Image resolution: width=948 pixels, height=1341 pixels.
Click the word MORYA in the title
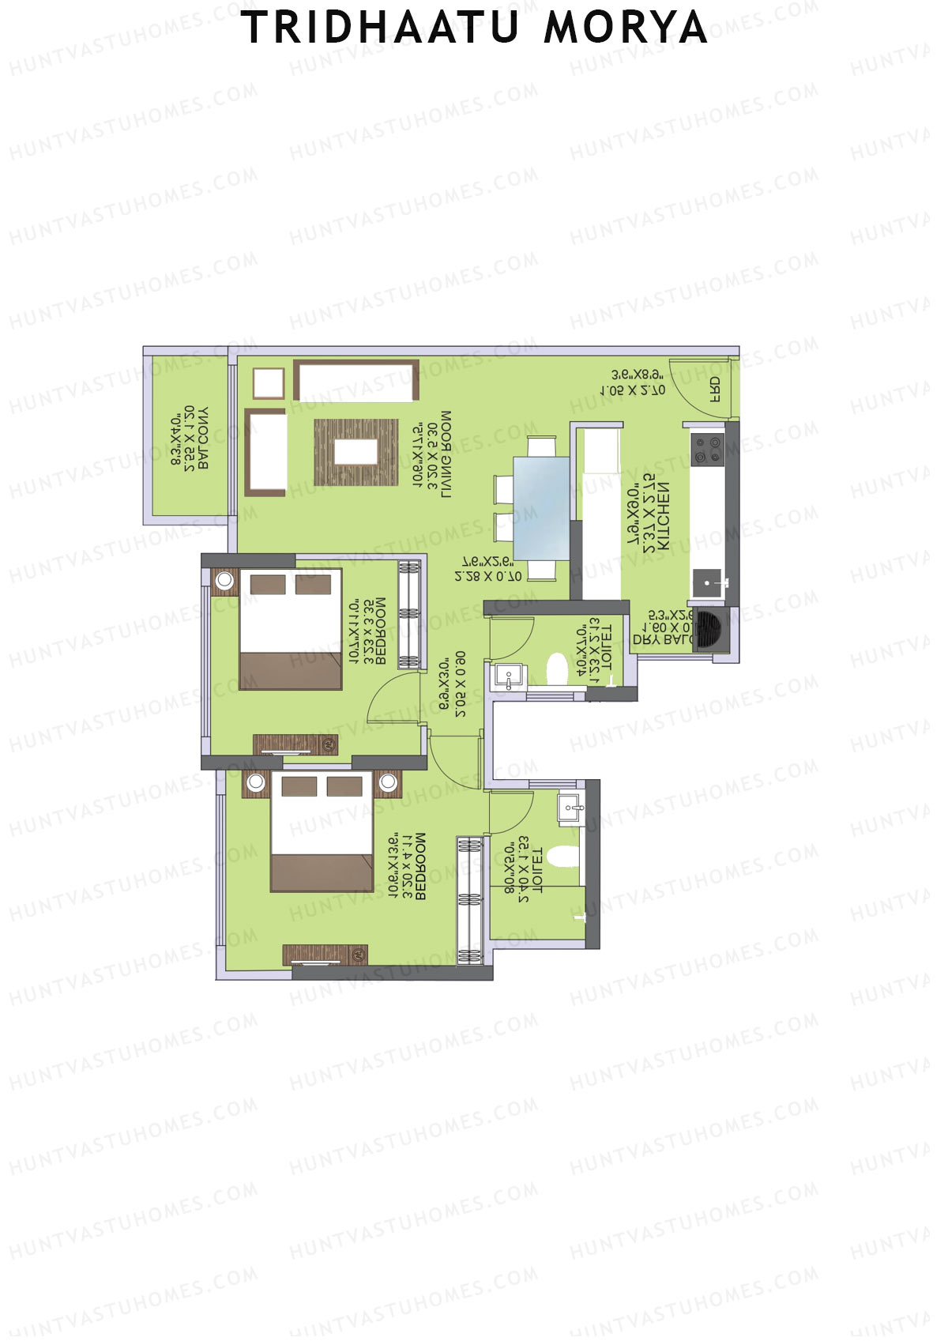coord(625,28)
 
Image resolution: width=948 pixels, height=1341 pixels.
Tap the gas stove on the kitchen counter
coord(708,450)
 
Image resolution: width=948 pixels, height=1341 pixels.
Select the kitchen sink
coord(708,584)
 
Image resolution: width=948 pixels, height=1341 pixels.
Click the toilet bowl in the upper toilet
coord(558,669)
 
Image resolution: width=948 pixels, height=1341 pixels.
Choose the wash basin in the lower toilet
coord(571,808)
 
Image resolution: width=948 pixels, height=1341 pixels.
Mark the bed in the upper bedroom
coord(291,629)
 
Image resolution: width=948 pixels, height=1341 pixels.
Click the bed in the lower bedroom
coord(322,832)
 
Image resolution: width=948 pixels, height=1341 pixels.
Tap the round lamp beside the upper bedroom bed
coord(225,580)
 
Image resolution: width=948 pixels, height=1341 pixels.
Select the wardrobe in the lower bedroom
coord(469,901)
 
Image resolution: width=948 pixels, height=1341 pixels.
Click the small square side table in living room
coord(268,384)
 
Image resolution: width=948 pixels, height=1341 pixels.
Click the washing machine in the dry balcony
coord(709,630)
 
